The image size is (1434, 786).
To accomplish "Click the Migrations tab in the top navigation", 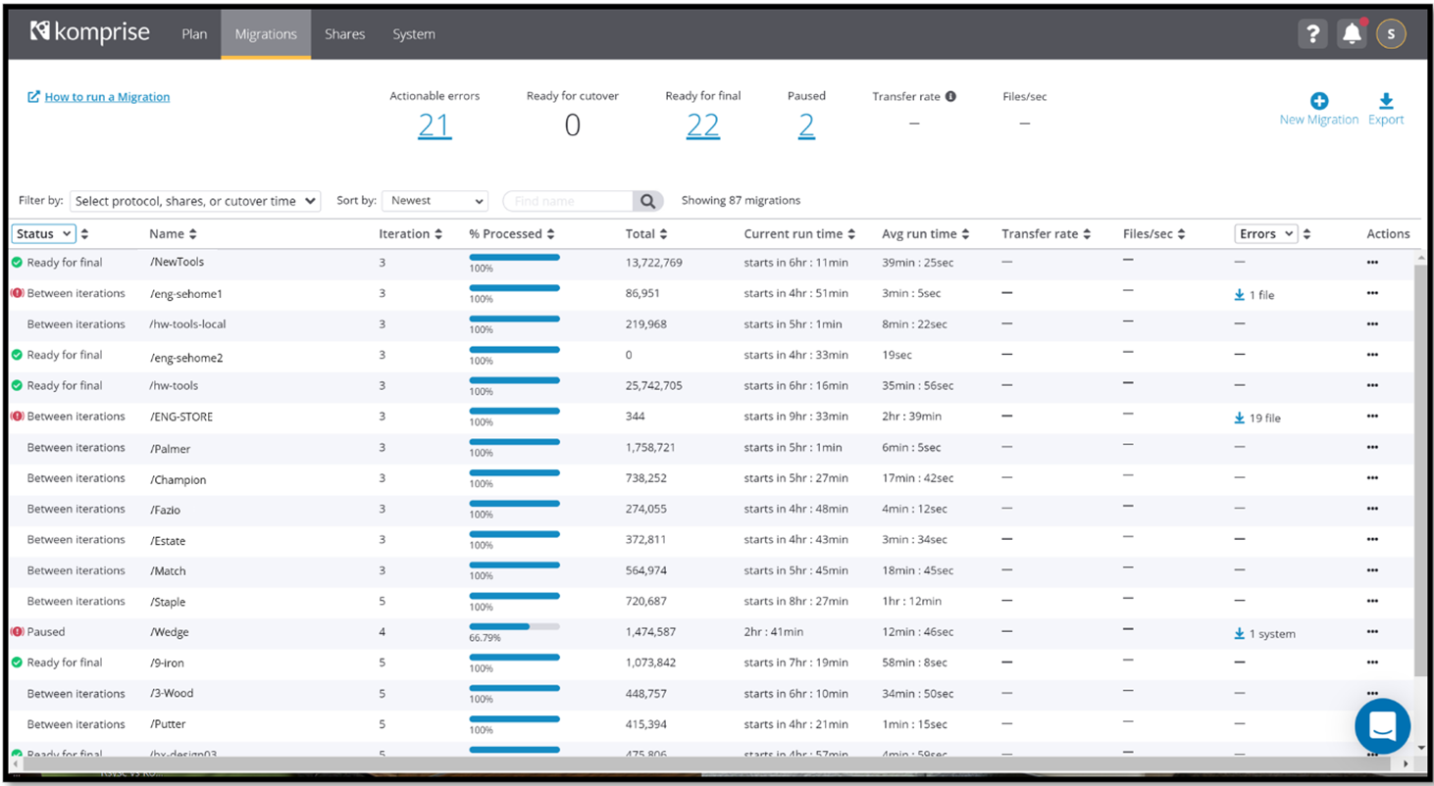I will [266, 34].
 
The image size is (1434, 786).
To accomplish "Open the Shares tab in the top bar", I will [344, 34].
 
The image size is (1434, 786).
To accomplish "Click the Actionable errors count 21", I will [435, 125].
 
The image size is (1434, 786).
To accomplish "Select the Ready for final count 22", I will [702, 125].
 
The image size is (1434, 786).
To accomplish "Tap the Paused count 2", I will [806, 125].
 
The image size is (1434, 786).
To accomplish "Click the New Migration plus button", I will [1319, 101].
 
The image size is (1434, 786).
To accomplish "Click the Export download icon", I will [1386, 101].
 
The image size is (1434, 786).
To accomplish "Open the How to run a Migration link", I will [107, 97].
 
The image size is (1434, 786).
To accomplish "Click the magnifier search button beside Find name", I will [647, 201].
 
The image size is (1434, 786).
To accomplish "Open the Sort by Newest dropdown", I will [435, 201].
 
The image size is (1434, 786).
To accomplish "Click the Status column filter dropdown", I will [44, 234].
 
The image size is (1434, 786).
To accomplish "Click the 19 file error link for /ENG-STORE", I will [1257, 418].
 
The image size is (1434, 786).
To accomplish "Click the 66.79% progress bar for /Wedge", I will [514, 626].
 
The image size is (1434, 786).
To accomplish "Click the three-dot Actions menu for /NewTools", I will [1372, 263].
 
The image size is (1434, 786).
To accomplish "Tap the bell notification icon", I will [1352, 34].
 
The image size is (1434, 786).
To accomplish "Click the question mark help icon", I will [1311, 34].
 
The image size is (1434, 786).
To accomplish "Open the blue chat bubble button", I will [1382, 726].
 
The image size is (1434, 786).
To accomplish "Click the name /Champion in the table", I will [178, 480].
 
